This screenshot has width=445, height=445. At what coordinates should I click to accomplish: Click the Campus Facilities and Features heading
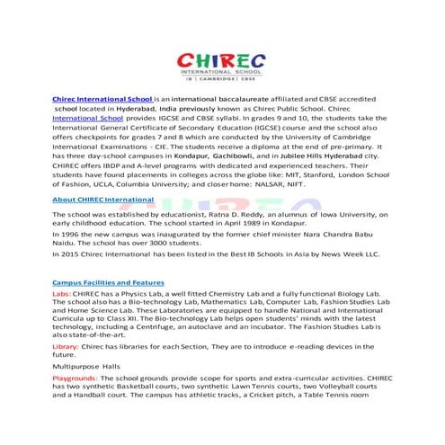pos(108,283)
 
